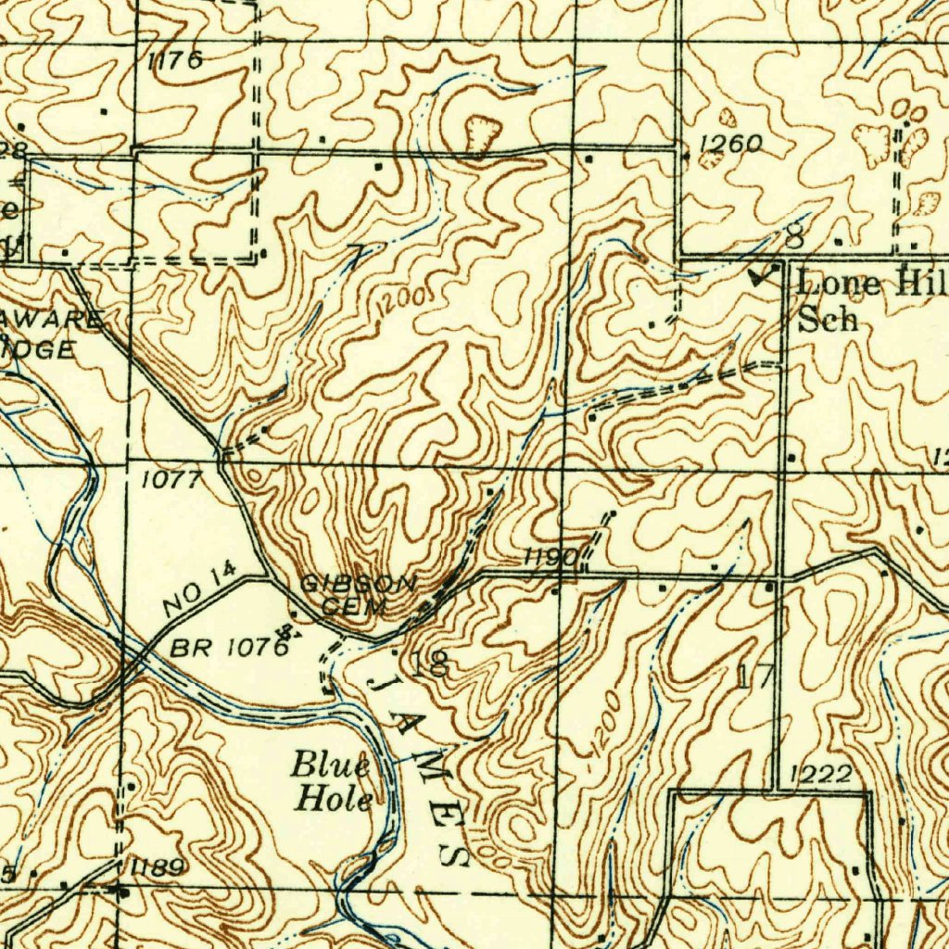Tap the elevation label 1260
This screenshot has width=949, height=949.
pos(730,144)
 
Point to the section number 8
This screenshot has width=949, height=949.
pos(794,238)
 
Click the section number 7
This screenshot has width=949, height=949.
pos(354,258)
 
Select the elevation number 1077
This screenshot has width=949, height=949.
pos(171,480)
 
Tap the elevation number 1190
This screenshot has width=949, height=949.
pos(551,558)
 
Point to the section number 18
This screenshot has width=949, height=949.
pos(437,663)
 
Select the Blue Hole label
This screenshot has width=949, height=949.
pos(333,783)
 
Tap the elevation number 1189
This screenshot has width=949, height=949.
pos(158,867)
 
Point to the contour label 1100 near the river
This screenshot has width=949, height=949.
pos(490,849)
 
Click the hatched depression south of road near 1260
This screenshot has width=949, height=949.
pos(711,158)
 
